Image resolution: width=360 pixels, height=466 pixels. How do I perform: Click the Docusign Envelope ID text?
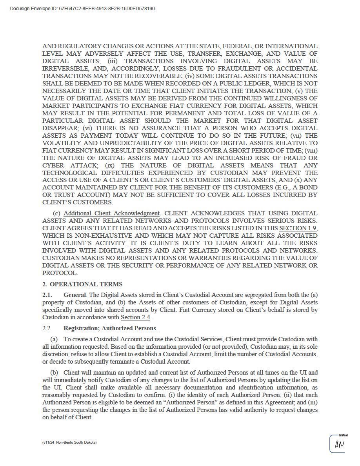click(x=82, y=9)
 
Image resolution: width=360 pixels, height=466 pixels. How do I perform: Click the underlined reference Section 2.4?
click(x=135, y=317)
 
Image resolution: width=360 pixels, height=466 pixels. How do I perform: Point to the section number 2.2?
click(x=47, y=328)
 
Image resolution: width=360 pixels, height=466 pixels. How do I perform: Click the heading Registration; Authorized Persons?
click(x=110, y=328)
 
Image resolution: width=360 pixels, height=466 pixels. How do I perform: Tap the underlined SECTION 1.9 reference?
click(x=298, y=228)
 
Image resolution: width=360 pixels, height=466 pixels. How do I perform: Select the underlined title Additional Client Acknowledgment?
click(x=111, y=213)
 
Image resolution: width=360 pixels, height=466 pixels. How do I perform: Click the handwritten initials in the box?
click(x=339, y=445)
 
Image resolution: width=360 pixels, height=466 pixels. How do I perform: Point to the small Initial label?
click(x=343, y=435)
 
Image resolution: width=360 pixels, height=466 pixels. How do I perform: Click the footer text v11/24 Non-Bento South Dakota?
click(x=69, y=442)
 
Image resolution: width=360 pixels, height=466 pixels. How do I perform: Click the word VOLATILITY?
click(x=64, y=143)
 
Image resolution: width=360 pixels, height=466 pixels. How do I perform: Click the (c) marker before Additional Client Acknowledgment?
click(x=56, y=213)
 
